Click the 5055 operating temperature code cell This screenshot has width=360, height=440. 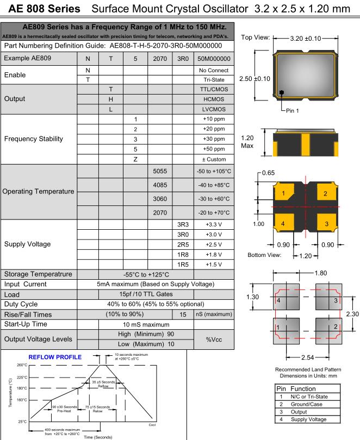tap(160, 171)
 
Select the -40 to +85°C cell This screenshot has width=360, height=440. tap(214, 185)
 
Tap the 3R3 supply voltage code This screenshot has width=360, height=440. tap(183, 224)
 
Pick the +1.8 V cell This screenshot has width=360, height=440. tap(214, 254)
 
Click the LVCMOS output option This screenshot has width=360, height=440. tap(214, 109)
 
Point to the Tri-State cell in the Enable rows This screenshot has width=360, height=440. tap(214, 79)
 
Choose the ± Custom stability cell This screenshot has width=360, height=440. tap(214, 159)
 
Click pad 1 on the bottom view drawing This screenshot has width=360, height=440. tap(284, 194)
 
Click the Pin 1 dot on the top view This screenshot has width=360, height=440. tap(282, 92)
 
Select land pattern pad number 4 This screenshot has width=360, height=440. tap(278, 300)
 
